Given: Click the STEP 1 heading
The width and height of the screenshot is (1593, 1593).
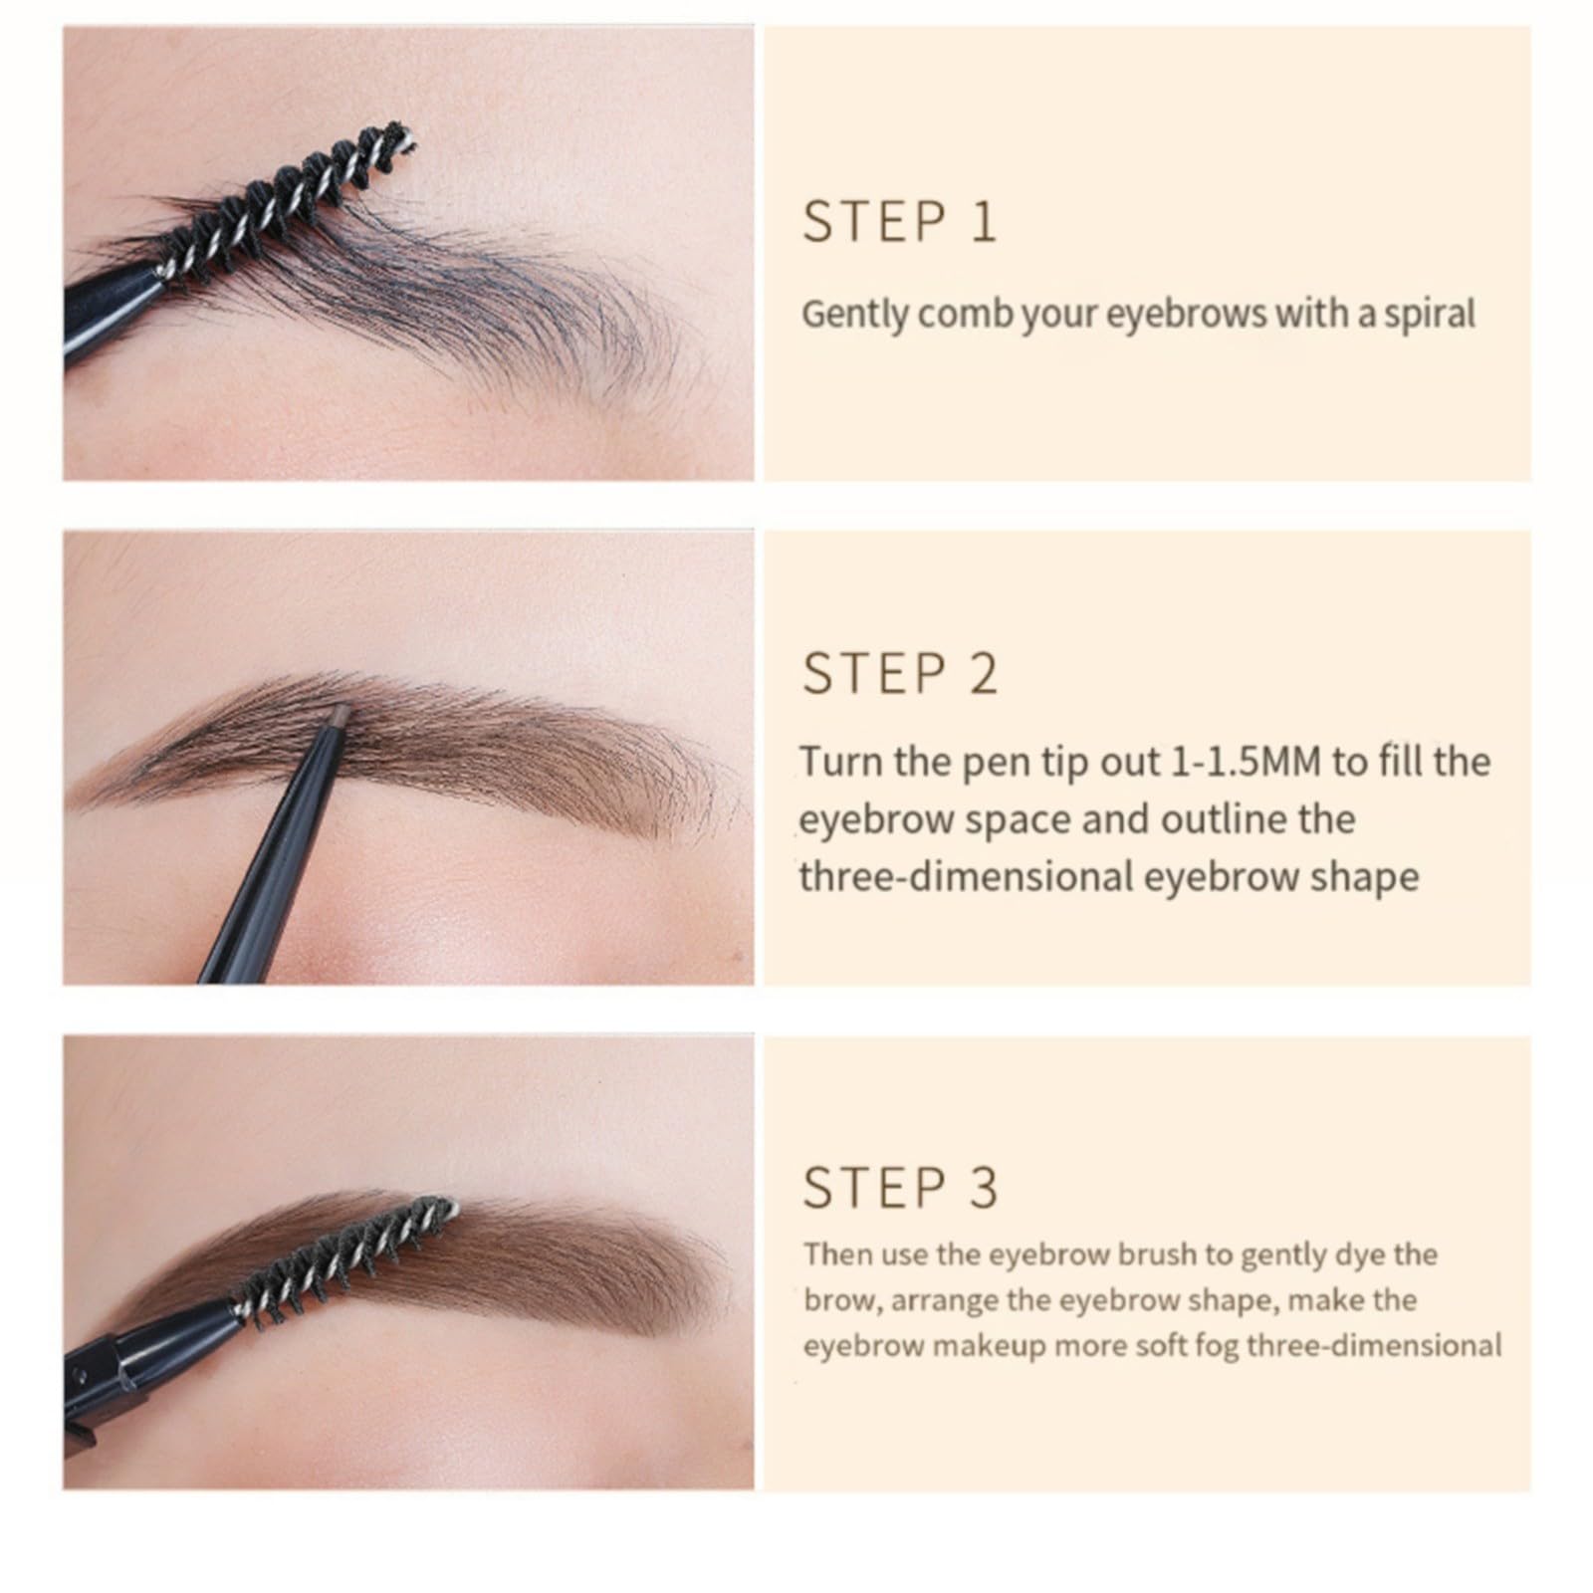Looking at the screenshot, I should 898,221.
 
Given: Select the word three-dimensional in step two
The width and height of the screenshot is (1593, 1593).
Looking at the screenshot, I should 963,877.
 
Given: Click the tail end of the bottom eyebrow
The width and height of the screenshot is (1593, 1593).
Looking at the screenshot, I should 712,1284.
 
